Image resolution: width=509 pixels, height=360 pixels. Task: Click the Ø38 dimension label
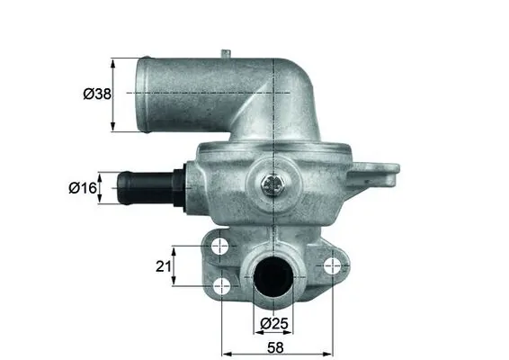[88, 93]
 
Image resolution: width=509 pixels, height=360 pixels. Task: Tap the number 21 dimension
[162, 265]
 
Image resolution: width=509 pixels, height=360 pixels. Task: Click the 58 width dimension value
[277, 346]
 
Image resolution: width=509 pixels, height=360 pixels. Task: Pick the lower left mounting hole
[224, 287]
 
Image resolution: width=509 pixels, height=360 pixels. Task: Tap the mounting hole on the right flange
[334, 265]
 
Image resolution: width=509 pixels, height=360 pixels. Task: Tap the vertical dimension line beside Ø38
[113, 93]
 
